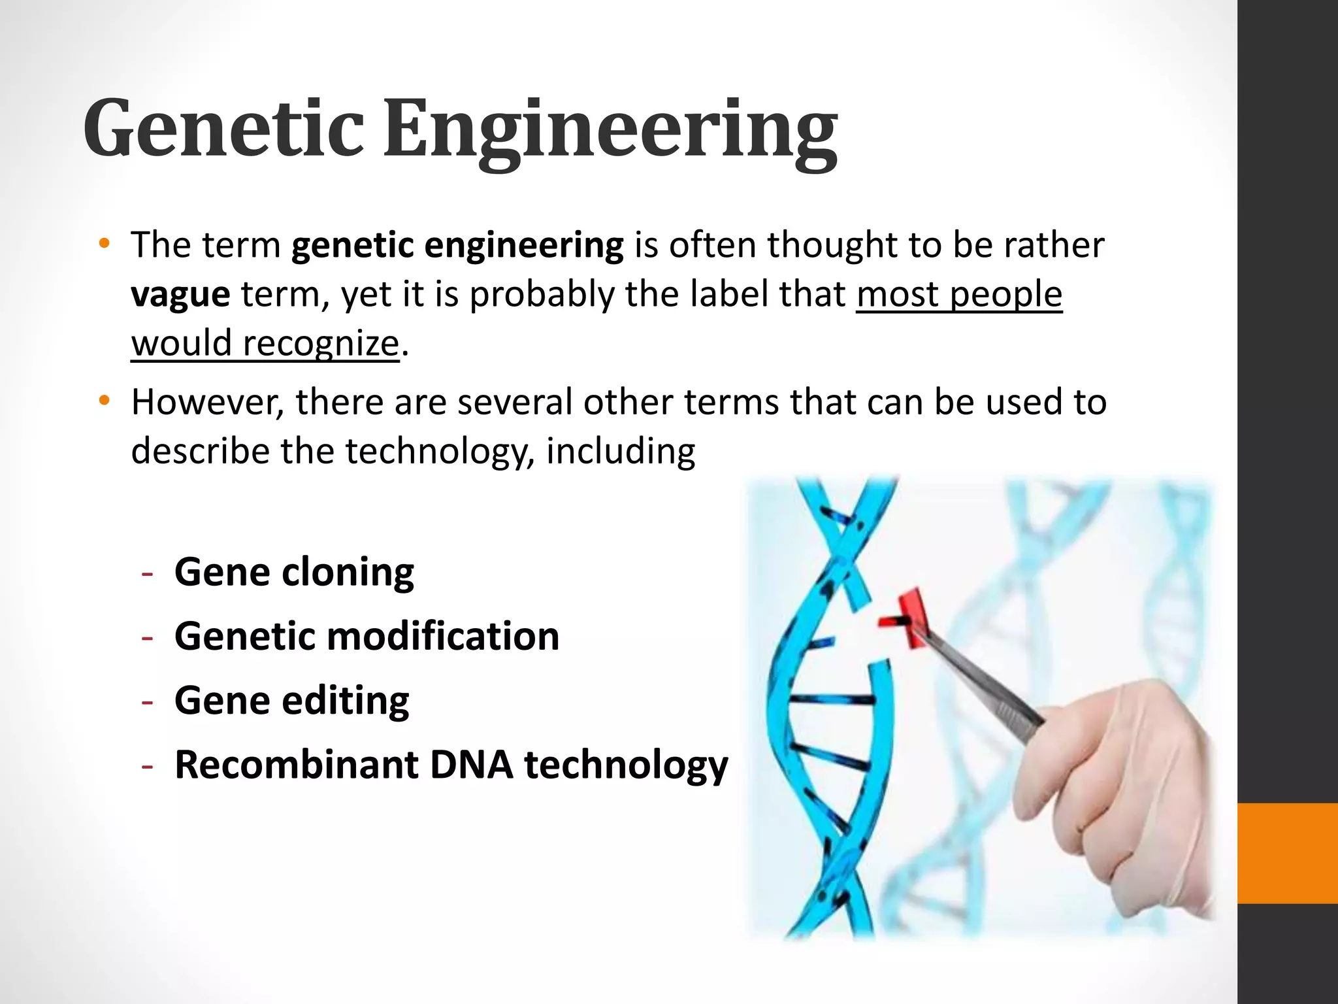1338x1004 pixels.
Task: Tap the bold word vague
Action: [180, 294]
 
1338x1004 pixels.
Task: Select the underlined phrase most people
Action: [958, 294]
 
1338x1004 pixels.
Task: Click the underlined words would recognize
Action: [265, 343]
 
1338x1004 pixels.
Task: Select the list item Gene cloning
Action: [294, 573]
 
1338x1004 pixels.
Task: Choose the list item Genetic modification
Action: [367, 636]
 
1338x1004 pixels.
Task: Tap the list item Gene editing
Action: [291, 700]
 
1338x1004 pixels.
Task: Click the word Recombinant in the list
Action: [296, 764]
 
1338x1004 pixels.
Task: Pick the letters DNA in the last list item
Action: [471, 764]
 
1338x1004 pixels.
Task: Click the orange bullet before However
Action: [104, 401]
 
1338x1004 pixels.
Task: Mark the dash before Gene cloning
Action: [148, 573]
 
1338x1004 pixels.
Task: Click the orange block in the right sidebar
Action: [1287, 854]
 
